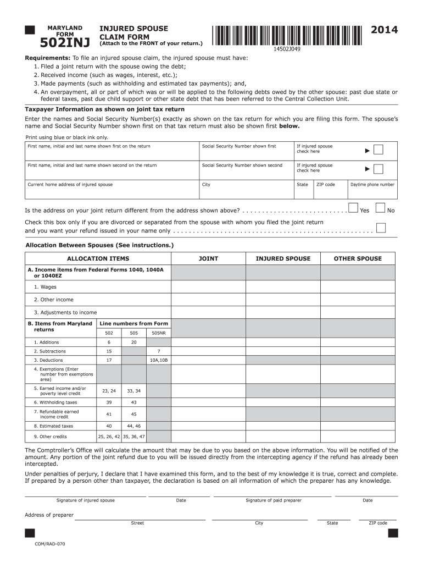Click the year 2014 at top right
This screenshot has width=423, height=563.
point(385,30)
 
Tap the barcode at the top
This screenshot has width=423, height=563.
point(286,35)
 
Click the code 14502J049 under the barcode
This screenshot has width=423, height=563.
point(287,49)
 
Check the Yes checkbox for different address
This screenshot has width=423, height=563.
point(353,208)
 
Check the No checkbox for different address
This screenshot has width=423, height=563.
point(381,208)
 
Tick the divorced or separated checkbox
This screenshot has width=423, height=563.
point(381,228)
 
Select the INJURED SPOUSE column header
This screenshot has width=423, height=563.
point(283,258)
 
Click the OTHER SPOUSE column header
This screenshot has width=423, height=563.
point(358,258)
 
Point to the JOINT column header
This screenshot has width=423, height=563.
point(208,258)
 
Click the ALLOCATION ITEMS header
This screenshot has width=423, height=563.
point(98,258)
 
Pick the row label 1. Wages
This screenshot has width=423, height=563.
point(45,287)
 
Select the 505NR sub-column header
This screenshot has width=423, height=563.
point(159,333)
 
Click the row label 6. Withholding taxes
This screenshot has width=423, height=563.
point(55,402)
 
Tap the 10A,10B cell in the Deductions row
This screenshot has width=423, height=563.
point(159,360)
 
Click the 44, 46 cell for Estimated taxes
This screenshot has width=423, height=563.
point(133,426)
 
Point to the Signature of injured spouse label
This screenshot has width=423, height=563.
point(86,500)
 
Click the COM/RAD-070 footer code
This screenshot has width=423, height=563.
point(50,544)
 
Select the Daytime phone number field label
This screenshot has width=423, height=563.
point(372,185)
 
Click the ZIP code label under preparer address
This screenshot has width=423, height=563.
point(378,523)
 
